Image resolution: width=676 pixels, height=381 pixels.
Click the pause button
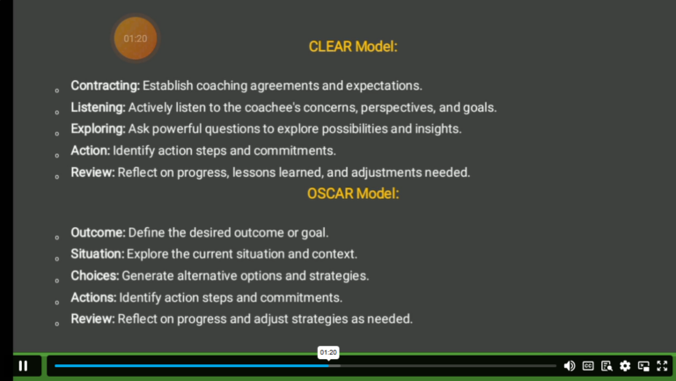click(23, 365)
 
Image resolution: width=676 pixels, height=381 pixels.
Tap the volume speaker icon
click(569, 365)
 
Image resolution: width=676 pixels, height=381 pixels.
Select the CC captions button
click(588, 365)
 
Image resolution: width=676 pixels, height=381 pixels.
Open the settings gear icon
click(625, 365)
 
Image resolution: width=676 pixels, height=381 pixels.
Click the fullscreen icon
click(662, 365)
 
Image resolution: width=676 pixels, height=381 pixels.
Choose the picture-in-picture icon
click(643, 365)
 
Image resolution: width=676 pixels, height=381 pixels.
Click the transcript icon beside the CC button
click(606, 365)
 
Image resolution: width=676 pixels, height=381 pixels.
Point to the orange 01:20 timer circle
click(136, 39)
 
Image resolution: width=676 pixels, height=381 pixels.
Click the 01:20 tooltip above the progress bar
click(327, 352)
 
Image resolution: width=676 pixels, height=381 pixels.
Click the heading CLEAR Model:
click(353, 47)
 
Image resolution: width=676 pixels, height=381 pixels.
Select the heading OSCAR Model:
click(353, 194)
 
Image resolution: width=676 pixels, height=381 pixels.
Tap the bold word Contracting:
click(105, 85)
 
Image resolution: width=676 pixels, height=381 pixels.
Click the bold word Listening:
click(98, 107)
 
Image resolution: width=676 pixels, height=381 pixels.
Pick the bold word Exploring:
click(98, 128)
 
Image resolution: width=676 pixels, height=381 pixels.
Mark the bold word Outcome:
click(98, 232)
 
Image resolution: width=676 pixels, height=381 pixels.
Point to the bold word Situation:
click(97, 254)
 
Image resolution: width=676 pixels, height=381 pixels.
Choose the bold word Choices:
click(94, 275)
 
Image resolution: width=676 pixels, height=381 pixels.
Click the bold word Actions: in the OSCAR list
click(93, 297)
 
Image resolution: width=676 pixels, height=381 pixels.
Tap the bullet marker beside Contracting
click(57, 91)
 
